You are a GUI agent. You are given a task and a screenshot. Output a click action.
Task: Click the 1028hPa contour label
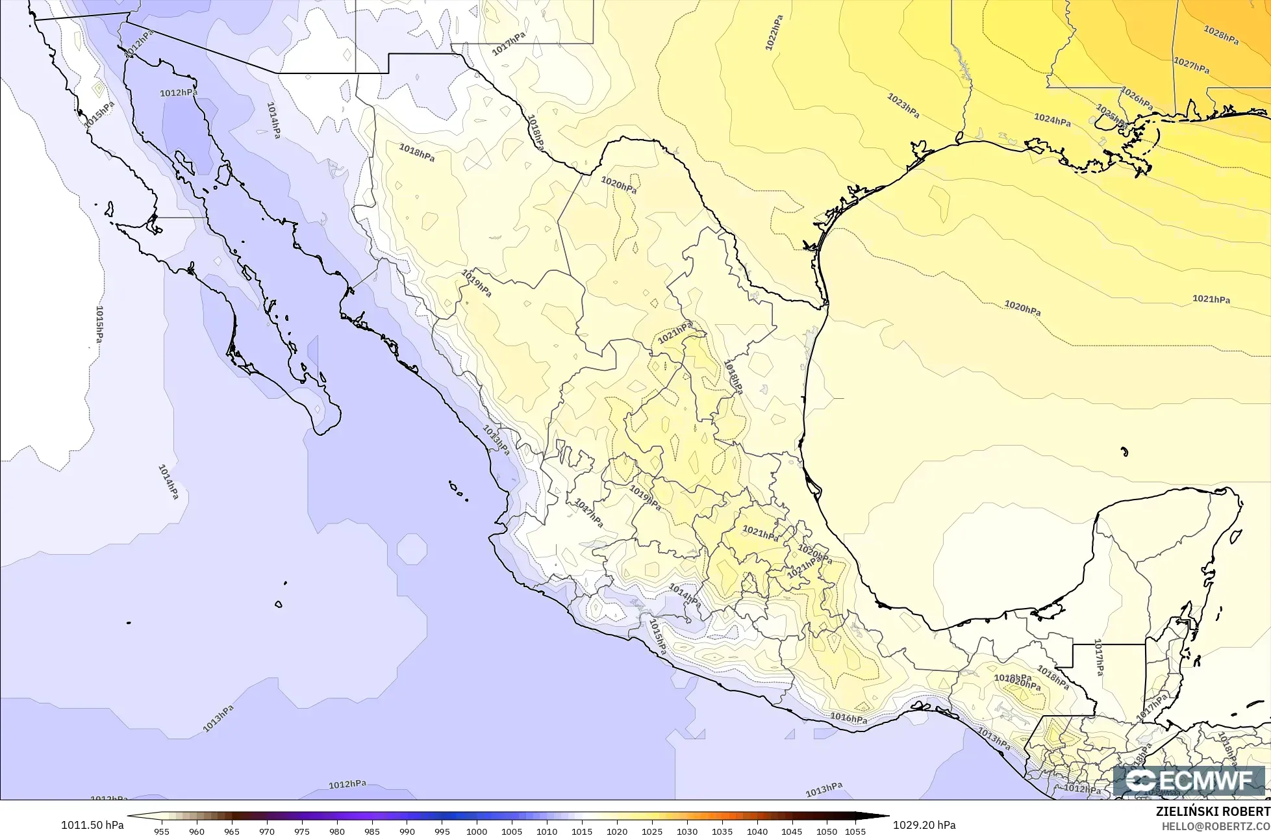click(x=1221, y=34)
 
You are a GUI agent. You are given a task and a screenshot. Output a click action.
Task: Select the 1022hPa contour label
click(x=774, y=32)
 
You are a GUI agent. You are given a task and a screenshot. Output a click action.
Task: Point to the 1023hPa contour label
click(x=903, y=106)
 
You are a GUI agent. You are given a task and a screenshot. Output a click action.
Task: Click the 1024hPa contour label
click(x=1052, y=120)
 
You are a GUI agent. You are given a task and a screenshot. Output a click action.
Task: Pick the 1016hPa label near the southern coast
click(x=849, y=718)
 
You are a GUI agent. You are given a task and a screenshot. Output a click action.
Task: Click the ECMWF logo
click(x=1192, y=781)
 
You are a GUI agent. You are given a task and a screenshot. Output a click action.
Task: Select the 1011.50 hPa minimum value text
click(x=92, y=825)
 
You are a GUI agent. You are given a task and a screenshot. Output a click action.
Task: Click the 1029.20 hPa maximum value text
click(x=924, y=825)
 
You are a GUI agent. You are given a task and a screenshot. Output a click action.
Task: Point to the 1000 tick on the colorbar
click(x=477, y=831)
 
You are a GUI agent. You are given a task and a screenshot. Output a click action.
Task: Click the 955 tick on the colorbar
click(x=162, y=831)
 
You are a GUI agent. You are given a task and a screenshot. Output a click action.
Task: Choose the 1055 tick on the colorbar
click(x=856, y=831)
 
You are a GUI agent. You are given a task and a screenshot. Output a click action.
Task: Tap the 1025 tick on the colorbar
click(x=651, y=831)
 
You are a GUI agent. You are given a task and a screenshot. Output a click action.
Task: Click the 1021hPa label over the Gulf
click(x=1211, y=299)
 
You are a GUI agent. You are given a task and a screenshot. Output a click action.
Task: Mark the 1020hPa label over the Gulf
click(x=1022, y=307)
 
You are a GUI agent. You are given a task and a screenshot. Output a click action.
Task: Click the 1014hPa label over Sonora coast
click(x=274, y=120)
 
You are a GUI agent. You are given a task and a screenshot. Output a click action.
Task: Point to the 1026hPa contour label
click(x=1137, y=99)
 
